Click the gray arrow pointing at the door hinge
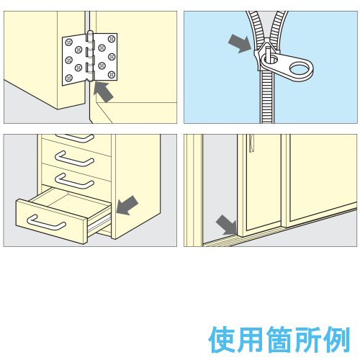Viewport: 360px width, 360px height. (x=103, y=91)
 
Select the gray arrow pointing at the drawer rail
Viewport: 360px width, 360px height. (x=127, y=205)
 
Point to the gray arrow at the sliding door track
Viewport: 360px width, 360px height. (x=227, y=225)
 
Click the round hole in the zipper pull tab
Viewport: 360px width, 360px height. (x=300, y=68)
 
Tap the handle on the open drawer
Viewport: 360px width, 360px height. (x=46, y=223)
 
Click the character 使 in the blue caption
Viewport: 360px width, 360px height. (x=222, y=339)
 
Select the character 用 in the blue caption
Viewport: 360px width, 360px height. (x=250, y=339)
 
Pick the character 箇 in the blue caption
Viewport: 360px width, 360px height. (x=279, y=339)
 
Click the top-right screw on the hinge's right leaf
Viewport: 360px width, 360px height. (x=112, y=39)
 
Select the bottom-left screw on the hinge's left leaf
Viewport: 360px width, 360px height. (x=69, y=78)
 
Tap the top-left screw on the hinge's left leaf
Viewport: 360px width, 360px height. (x=69, y=42)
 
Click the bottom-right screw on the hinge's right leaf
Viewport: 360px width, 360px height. (x=112, y=75)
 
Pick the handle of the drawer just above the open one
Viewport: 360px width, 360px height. (x=74, y=181)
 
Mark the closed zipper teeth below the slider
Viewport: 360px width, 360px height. (x=267, y=97)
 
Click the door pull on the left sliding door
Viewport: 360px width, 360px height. (x=251, y=143)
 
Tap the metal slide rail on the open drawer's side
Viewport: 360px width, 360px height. (x=99, y=225)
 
